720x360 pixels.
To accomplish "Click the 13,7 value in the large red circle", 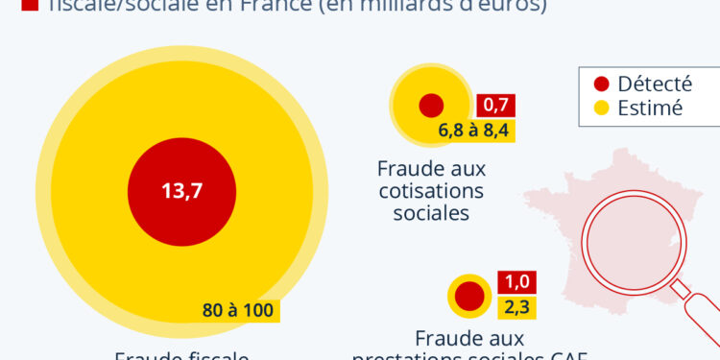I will coord(181,190).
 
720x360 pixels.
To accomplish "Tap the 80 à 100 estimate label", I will coord(238,310).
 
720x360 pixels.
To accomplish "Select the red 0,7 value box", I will coord(496,105).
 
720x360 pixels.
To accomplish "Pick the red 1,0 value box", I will coord(516,282).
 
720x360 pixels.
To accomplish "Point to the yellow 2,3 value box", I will coord(516,308).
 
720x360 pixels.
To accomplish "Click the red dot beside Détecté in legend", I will coord(602,84).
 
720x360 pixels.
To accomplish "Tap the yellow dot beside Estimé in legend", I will coord(602,108).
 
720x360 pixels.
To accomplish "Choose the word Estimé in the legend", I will coord(650,108).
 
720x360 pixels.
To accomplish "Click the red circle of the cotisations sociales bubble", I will coord(430,106).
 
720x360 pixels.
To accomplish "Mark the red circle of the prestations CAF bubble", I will coord(469,296).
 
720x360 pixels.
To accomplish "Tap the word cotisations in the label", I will coord(431,191).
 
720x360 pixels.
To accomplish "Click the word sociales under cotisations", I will coord(431,213).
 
